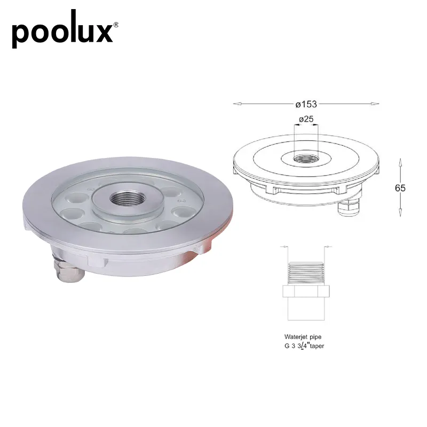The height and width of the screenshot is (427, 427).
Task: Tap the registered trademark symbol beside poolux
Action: (x=116, y=25)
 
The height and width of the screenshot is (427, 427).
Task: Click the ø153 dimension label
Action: (x=306, y=104)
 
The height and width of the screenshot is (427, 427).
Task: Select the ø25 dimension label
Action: (x=306, y=119)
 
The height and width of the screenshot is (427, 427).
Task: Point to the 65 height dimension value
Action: (x=400, y=188)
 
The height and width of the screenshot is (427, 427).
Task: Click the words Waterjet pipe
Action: (x=303, y=337)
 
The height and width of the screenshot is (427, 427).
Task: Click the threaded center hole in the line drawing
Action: (x=306, y=159)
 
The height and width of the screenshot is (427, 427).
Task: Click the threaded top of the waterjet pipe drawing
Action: (x=306, y=272)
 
